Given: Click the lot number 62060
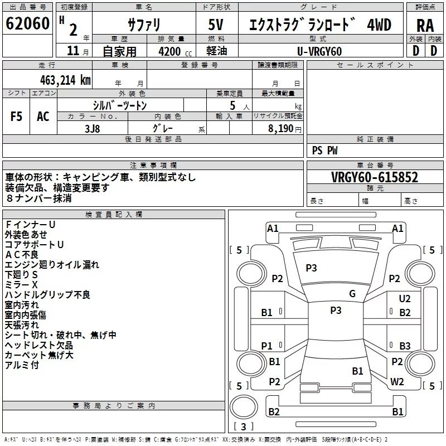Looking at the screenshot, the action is [x=27, y=23].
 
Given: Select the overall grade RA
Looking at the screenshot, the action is [x=425, y=26].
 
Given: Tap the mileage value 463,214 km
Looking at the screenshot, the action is [x=65, y=80].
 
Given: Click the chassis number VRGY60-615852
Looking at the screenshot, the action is [x=375, y=177].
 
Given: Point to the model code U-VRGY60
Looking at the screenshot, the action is [x=319, y=51].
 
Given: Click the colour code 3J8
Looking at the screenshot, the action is [x=93, y=129].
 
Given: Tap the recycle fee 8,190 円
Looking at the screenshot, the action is [x=285, y=129].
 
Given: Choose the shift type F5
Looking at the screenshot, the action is [x=16, y=117].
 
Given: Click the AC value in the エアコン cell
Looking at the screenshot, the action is [x=43, y=117].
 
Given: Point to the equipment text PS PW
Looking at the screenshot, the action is [x=324, y=151].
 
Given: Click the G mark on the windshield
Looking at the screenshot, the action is [x=352, y=294].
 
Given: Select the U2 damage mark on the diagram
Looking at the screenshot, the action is [x=405, y=299].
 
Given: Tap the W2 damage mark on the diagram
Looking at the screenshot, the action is [x=397, y=382].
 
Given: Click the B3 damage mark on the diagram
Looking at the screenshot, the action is [x=405, y=346].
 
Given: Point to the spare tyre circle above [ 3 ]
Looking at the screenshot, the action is [x=244, y=407].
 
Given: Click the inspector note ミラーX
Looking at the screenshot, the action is [x=21, y=285].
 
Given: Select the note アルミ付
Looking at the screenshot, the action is [x=22, y=365].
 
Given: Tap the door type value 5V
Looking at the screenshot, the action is [x=216, y=25].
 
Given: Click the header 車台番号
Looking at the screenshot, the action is [x=375, y=165].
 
